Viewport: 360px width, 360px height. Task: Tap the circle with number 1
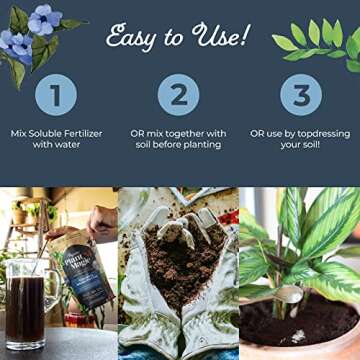click(x=56, y=96)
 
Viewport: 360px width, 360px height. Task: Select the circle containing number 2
click(x=179, y=96)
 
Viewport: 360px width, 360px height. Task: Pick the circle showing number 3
click(x=301, y=96)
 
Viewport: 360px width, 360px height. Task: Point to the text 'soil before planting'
click(x=180, y=147)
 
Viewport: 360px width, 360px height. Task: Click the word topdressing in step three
click(x=317, y=134)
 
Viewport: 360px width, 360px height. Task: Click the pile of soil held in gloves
click(x=181, y=265)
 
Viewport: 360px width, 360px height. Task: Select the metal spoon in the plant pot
click(x=285, y=300)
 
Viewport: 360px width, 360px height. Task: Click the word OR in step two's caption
click(x=141, y=134)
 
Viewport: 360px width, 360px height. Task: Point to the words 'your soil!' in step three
click(x=301, y=147)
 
